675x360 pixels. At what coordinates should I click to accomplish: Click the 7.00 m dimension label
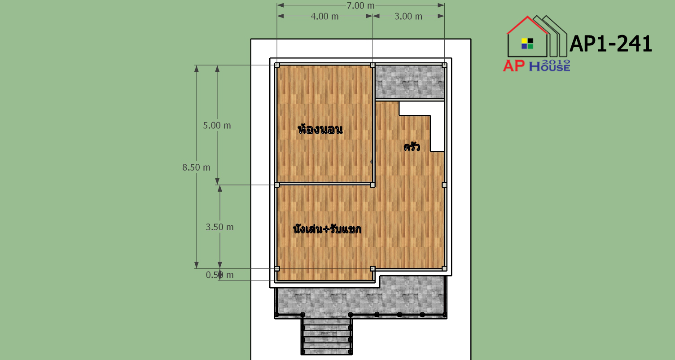tap(360, 5)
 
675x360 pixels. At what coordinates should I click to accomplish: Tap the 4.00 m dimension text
tap(324, 16)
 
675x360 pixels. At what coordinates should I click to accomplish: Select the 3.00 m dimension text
tap(408, 16)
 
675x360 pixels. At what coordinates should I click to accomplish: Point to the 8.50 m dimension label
tap(196, 167)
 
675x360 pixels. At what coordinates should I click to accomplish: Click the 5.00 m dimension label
tap(217, 125)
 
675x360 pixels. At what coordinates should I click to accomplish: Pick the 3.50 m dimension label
tap(219, 227)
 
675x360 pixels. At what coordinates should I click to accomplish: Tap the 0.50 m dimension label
tap(219, 275)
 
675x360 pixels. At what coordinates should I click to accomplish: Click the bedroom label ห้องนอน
tap(320, 129)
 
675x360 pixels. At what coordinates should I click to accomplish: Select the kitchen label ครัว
tap(412, 146)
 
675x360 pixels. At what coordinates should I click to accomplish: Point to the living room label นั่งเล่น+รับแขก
tap(327, 229)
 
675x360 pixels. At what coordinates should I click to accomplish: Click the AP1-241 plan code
tap(611, 44)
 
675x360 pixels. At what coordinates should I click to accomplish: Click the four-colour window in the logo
tap(527, 44)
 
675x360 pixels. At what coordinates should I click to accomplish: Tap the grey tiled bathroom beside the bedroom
tap(410, 82)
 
